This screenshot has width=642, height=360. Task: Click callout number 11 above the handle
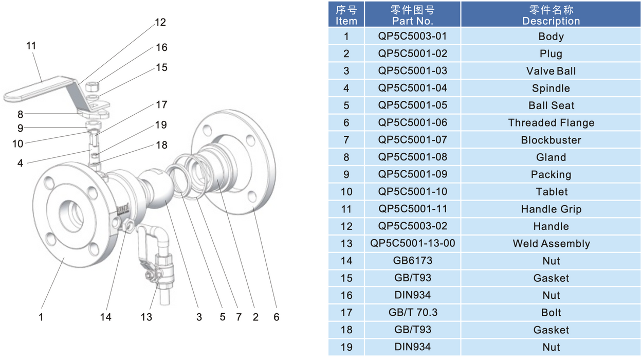point(31,46)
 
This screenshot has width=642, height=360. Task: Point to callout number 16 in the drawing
point(161,47)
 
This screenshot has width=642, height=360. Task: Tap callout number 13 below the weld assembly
point(146,317)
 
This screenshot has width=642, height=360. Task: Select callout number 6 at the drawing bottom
point(277,317)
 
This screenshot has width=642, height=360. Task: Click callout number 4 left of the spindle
point(20,163)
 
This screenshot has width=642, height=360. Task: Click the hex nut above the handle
point(93,86)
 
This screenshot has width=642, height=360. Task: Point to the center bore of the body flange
point(71,215)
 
